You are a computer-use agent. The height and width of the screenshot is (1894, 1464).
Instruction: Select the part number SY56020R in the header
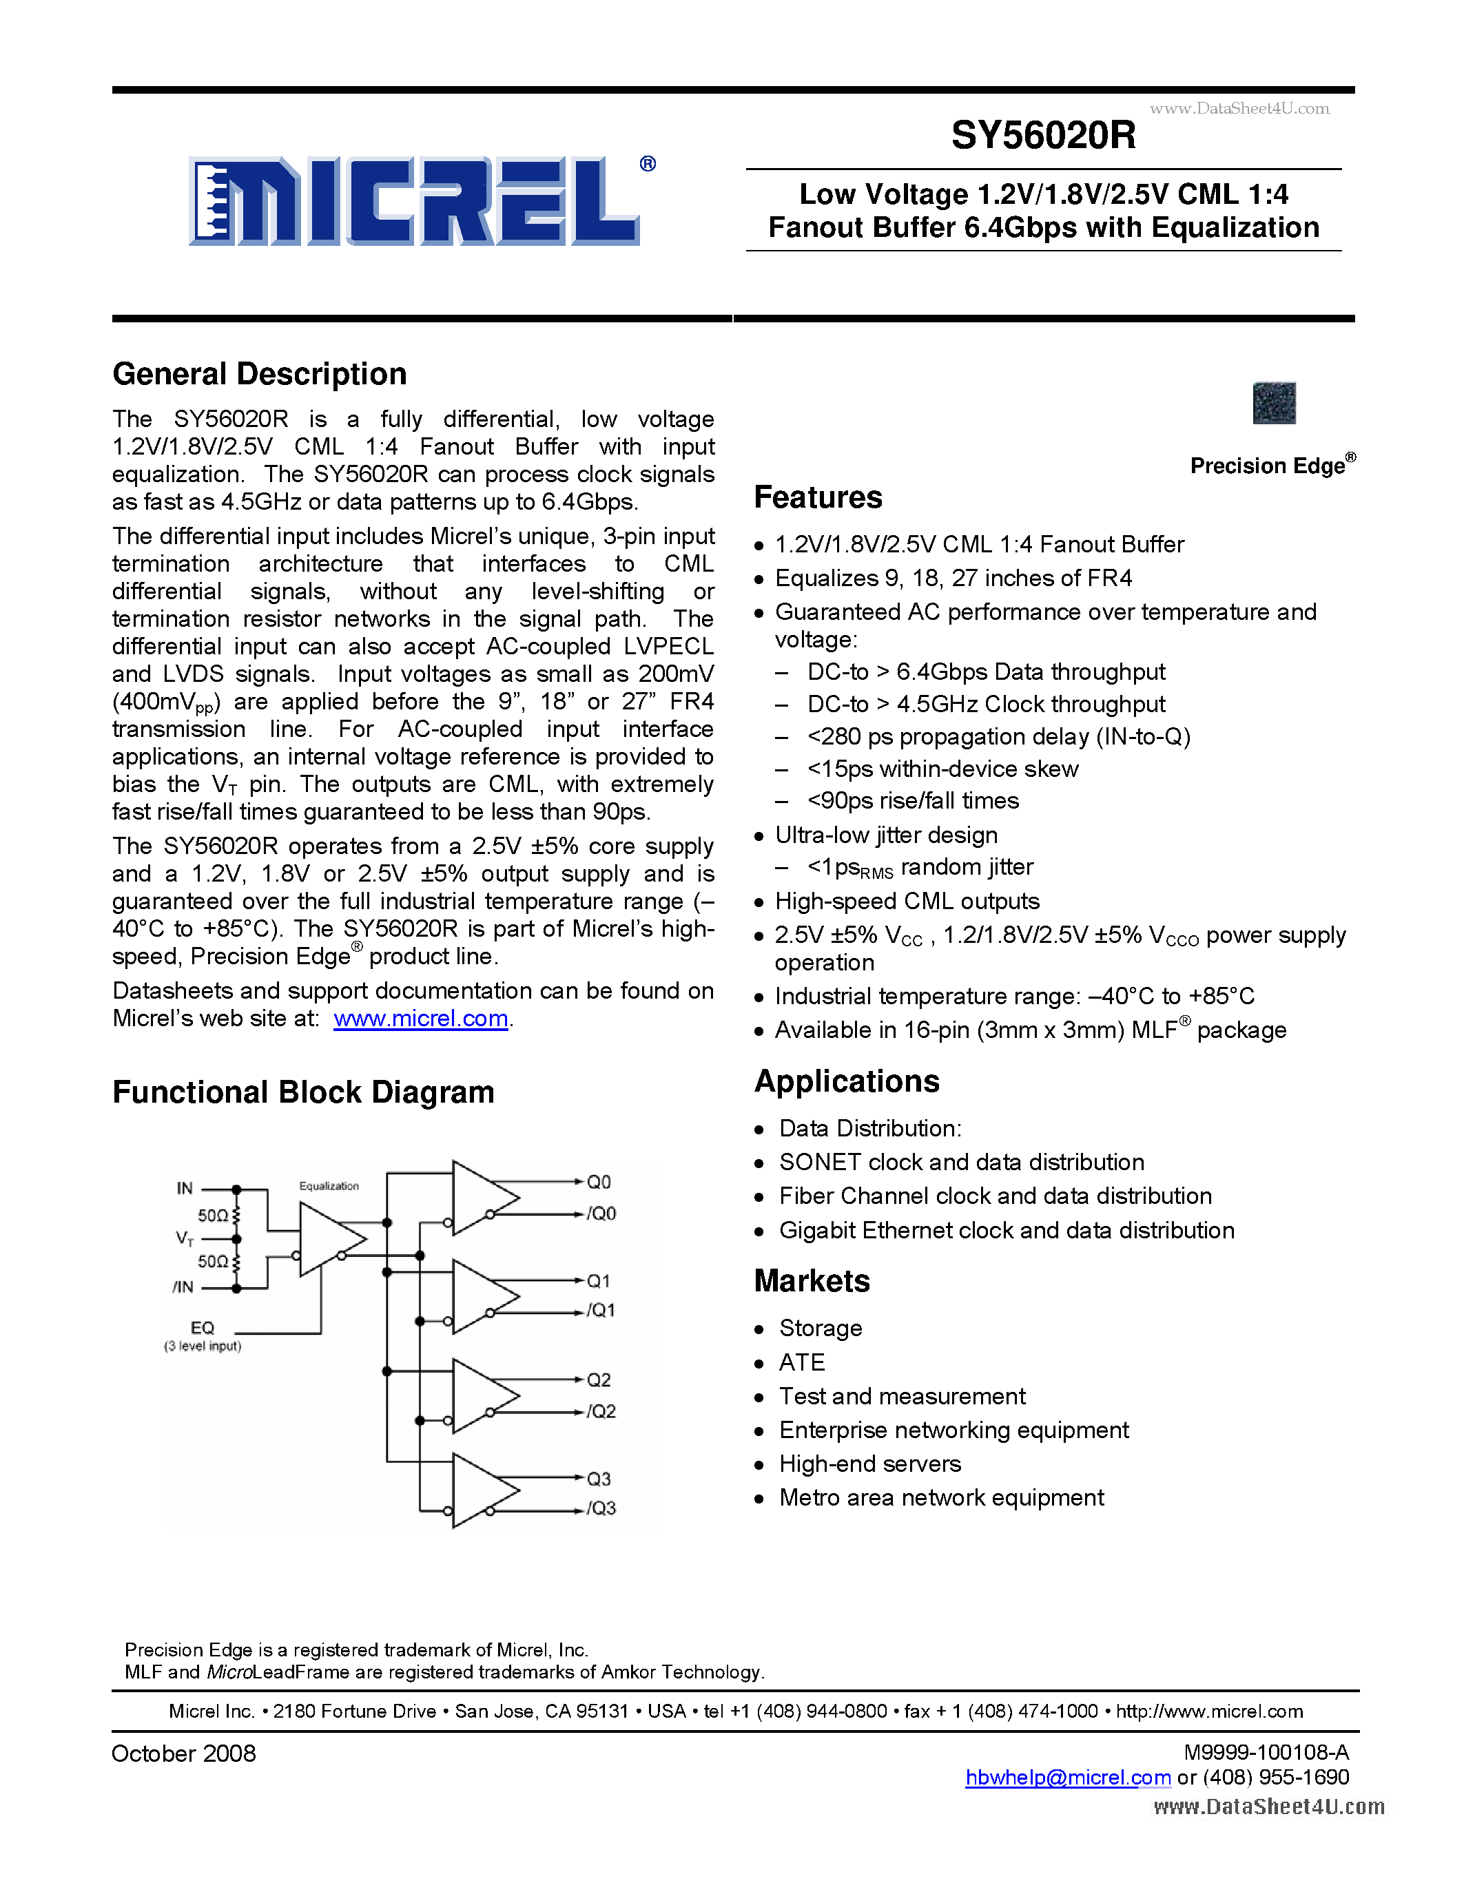click(1042, 135)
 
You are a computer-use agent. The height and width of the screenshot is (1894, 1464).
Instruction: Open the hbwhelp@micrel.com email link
click(1068, 1777)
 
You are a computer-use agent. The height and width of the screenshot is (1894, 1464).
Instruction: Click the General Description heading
click(259, 374)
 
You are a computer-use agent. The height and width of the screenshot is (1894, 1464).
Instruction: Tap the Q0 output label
click(599, 1182)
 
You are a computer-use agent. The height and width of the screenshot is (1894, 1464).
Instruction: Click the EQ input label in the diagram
click(202, 1328)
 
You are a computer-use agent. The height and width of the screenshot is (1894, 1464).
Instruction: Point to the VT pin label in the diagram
click(185, 1238)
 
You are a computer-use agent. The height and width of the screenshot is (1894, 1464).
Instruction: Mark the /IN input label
click(183, 1287)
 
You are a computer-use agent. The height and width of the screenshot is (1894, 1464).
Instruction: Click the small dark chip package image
click(1274, 404)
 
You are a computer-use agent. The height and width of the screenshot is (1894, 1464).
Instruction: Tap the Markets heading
click(812, 1281)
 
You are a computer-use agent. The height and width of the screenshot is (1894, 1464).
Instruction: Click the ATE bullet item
click(801, 1362)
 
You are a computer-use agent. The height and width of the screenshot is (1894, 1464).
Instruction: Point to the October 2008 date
click(184, 1753)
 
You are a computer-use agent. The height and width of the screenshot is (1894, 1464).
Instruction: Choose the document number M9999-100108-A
click(1266, 1753)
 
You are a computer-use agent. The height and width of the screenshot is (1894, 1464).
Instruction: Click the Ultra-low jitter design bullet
click(885, 835)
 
